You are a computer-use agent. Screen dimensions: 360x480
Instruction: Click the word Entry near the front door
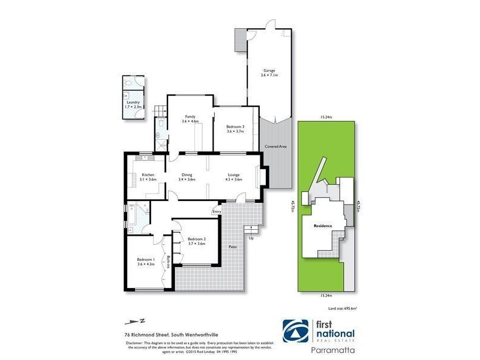(217, 211)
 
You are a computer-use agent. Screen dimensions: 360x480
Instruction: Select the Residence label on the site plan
(323, 226)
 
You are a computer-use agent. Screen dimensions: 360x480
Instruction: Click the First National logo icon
(296, 331)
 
